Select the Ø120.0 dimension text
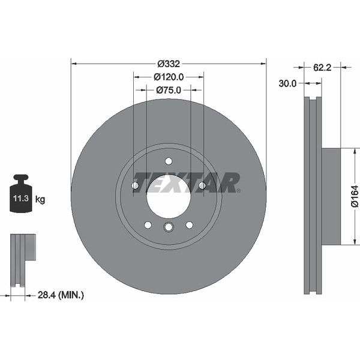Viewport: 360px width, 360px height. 169,77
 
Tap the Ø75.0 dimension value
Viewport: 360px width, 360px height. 169,90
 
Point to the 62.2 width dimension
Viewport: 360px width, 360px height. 323,68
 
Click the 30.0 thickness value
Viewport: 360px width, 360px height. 287,84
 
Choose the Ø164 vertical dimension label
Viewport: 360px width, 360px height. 355,196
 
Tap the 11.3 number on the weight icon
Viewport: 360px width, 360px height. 20,197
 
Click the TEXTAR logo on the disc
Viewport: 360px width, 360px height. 186,182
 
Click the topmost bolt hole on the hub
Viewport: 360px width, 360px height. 169,161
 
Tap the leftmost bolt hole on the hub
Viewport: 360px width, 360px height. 135,186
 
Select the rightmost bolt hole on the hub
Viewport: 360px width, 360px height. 202,186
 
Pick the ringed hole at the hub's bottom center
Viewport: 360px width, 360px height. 169,226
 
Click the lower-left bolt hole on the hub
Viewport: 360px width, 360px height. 148,225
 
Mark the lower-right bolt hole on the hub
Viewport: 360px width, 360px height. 189,225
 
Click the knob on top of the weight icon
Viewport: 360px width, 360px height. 21,179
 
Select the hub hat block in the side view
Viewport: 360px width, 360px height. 331,196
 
